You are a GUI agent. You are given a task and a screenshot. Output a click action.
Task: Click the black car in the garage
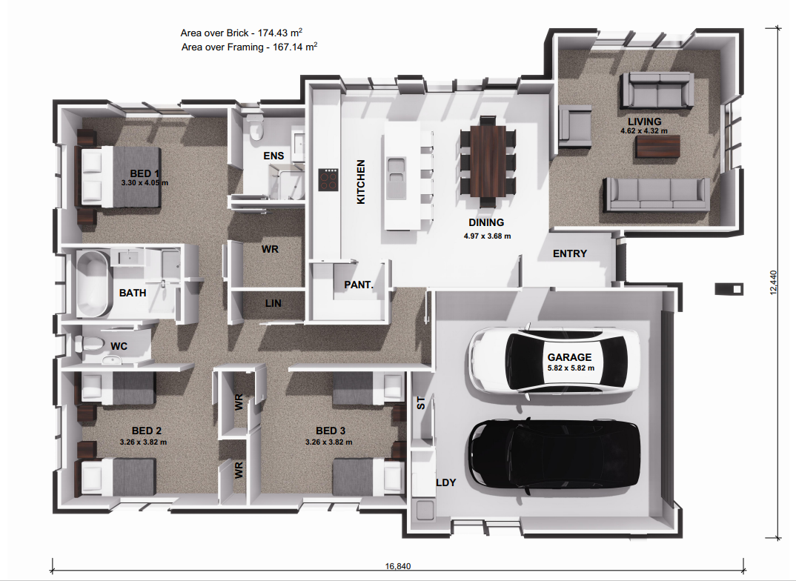click(554, 456)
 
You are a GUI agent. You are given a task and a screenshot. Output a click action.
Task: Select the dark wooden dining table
click(487, 162)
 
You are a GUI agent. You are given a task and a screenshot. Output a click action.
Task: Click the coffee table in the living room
click(657, 146)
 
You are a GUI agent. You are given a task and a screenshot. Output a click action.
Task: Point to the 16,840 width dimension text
click(397, 567)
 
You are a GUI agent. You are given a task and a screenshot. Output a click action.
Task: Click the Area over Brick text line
click(242, 33)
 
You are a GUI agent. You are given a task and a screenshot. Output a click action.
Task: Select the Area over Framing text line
click(249, 47)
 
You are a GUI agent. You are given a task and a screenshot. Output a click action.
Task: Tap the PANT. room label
click(359, 285)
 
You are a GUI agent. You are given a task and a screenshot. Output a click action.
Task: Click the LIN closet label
click(273, 303)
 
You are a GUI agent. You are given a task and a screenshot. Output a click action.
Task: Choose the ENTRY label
click(570, 253)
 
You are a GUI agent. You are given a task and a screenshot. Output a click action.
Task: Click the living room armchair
click(575, 123)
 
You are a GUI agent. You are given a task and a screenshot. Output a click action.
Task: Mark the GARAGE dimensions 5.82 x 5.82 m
click(571, 368)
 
